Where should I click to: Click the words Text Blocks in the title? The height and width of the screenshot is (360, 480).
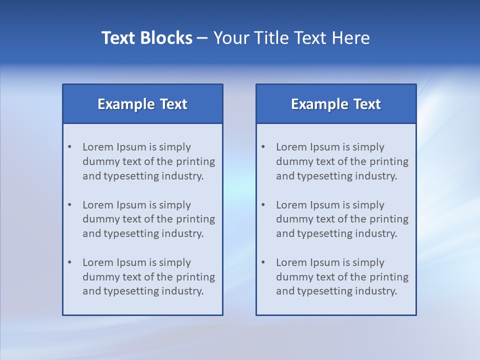147,38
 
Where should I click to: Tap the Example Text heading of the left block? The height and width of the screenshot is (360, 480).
142,104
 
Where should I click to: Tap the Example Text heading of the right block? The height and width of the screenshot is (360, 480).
336,104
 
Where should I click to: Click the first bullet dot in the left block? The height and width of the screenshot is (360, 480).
69,147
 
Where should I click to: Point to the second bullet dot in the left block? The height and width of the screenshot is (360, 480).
69,205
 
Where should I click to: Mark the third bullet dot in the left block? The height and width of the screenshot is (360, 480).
69,262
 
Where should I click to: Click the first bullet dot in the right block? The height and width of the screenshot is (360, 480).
263,147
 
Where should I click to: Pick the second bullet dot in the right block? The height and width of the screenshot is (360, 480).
263,205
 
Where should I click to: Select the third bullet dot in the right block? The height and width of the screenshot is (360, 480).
263,262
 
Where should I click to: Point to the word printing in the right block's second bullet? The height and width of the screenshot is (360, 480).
389,219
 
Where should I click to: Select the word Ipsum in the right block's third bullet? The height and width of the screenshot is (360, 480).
325,262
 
